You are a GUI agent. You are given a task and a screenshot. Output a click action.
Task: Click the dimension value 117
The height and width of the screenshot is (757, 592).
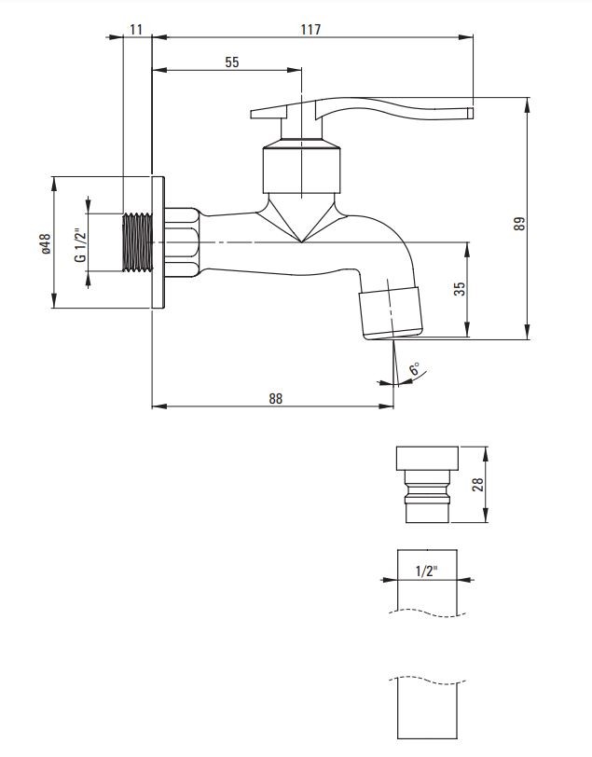[x=310, y=29]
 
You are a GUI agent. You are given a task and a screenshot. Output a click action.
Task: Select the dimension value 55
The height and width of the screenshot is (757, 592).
[x=232, y=62]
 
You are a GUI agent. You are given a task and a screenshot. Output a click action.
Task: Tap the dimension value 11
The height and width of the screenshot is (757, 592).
[x=136, y=29]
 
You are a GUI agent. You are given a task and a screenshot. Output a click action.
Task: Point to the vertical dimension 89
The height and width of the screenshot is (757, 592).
[x=519, y=223]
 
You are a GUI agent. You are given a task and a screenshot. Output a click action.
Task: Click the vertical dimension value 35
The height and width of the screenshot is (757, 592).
[x=460, y=288]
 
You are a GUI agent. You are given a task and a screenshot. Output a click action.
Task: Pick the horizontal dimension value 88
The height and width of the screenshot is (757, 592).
[x=275, y=398]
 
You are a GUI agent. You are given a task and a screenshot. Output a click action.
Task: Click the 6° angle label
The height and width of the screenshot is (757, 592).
[x=414, y=369]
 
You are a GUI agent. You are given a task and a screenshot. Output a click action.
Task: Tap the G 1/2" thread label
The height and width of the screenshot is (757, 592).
[x=80, y=243]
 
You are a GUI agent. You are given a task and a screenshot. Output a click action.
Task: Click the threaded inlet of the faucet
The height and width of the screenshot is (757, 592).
[x=137, y=243]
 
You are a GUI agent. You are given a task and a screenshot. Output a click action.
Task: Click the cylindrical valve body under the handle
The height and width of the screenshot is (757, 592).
[x=301, y=168]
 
